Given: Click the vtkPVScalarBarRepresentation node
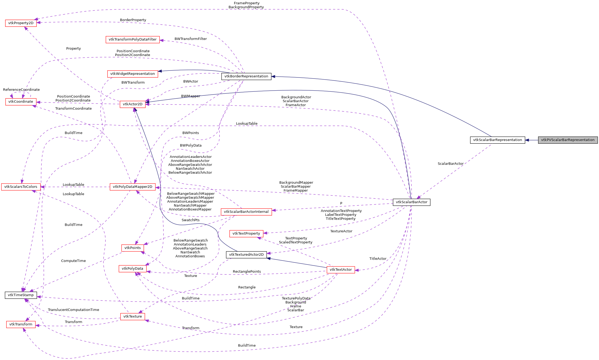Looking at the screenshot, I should [x=568, y=140].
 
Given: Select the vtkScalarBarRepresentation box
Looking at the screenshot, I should [x=497, y=140].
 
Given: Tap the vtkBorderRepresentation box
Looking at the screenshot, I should [x=246, y=76].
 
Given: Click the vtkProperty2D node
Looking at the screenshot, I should [x=21, y=23].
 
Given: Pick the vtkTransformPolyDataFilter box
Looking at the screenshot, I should [x=133, y=39].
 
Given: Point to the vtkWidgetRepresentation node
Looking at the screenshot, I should [x=133, y=74].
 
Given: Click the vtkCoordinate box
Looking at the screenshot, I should [x=21, y=102].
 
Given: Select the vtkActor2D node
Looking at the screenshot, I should [x=133, y=104].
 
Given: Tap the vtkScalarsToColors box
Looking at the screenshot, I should [x=21, y=187].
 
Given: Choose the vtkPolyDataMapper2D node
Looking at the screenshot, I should [x=133, y=187].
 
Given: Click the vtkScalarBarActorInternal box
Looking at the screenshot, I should [x=246, y=212].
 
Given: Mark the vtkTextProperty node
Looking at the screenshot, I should [x=246, y=233].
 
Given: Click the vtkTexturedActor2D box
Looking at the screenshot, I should [x=246, y=255].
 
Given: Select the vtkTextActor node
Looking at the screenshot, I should [x=340, y=270].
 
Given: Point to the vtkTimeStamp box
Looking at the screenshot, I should [x=21, y=295].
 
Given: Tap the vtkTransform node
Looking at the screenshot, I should [x=21, y=324].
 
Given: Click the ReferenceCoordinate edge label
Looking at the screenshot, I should [x=21, y=90].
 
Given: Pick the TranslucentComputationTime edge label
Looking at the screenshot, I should [x=74, y=310].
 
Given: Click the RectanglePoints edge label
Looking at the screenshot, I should [x=247, y=272].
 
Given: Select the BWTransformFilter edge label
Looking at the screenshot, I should [x=190, y=39].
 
